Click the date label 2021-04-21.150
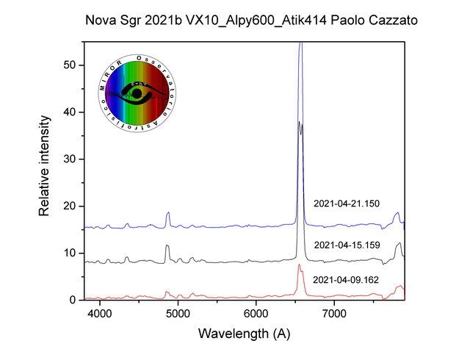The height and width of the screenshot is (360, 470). (x=346, y=204)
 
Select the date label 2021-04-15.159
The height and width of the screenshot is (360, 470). (x=346, y=245)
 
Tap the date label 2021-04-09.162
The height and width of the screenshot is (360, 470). (x=346, y=280)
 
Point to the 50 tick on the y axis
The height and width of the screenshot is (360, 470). (x=70, y=65)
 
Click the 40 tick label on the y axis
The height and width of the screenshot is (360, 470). (x=70, y=112)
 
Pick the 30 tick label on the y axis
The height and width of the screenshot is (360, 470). (x=70, y=159)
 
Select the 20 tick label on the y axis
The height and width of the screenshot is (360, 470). (x=70, y=206)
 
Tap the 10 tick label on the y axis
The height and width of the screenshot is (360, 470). (x=70, y=253)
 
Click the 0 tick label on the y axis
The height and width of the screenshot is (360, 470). (x=73, y=300)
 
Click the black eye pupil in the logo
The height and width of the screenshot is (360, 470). (x=136, y=95)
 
